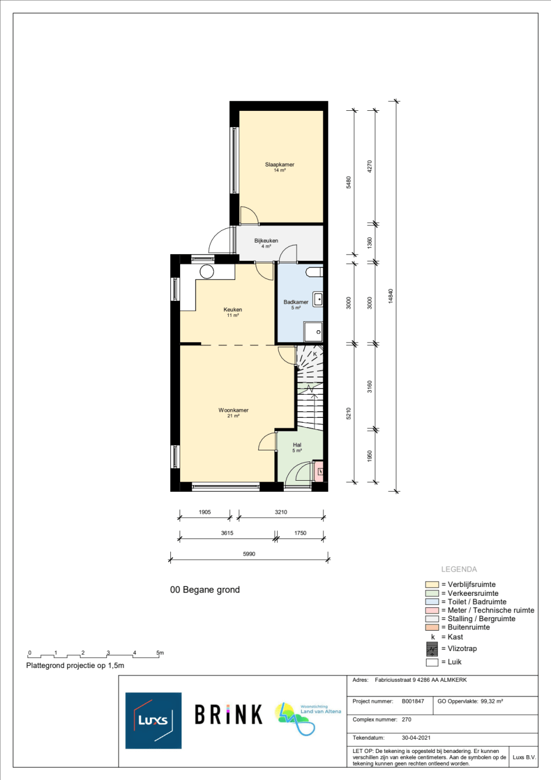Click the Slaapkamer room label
tap(279, 165)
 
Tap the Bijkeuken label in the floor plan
tap(266, 241)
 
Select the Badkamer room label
tap(296, 302)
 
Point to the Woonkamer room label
tap(233, 411)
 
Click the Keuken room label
tap(233, 310)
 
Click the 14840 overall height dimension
tap(391, 296)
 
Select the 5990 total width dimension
tap(249, 554)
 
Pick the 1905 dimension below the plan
tap(204, 512)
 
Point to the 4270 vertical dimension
tap(370, 166)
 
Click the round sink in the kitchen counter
tap(207, 271)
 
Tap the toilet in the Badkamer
tap(315, 272)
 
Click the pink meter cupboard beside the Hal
tap(318, 471)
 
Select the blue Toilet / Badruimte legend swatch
tap(432, 602)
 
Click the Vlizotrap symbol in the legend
tap(432, 649)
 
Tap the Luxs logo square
tap(153, 720)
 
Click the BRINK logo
tap(228, 715)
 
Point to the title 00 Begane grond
tap(205, 590)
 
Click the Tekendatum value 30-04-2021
tap(416, 738)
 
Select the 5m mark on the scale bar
tap(160, 653)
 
